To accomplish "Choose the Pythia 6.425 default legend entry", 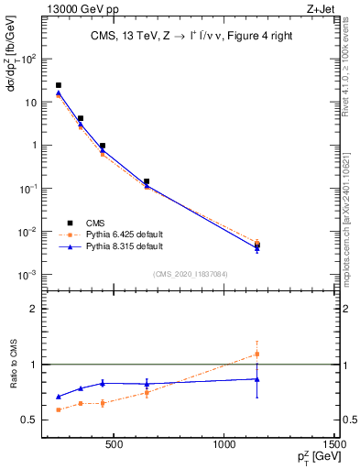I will [109, 234].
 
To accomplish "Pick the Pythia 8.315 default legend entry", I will [109, 246].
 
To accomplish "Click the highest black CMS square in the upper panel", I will [59, 85].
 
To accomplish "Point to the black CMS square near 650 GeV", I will [147, 181].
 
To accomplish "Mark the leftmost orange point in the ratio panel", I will [59, 409].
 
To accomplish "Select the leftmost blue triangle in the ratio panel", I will [59, 397].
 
